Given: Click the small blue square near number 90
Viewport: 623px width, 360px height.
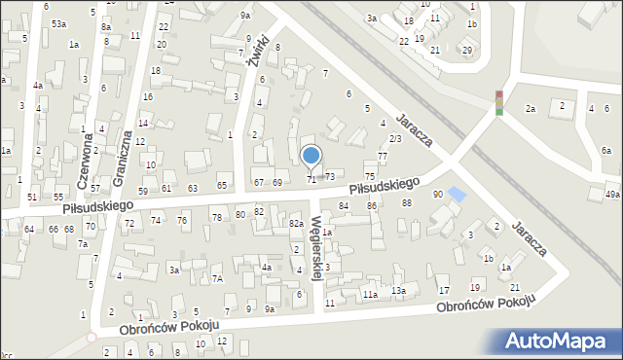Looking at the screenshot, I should tap(458, 195).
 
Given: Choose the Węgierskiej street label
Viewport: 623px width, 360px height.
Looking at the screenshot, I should tap(316, 251).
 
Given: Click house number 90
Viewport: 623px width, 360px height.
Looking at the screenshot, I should tap(438, 195).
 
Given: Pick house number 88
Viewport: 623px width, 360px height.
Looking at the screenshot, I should tap(407, 202).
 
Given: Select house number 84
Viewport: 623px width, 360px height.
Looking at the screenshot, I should tap(344, 206).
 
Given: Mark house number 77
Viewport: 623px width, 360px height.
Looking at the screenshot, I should tap(383, 157).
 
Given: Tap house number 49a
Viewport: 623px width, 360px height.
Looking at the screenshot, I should tap(611, 195).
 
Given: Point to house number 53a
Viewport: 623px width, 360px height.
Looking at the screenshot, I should tap(59, 23).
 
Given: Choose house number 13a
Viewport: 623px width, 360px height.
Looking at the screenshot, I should tap(398, 291).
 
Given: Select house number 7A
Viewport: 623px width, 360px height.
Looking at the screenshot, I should tap(219, 279).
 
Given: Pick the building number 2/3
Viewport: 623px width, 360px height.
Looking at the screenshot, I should tap(394, 139).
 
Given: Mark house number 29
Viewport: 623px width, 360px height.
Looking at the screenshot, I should tap(467, 50).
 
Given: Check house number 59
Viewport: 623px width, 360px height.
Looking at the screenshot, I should tap(142, 191).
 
